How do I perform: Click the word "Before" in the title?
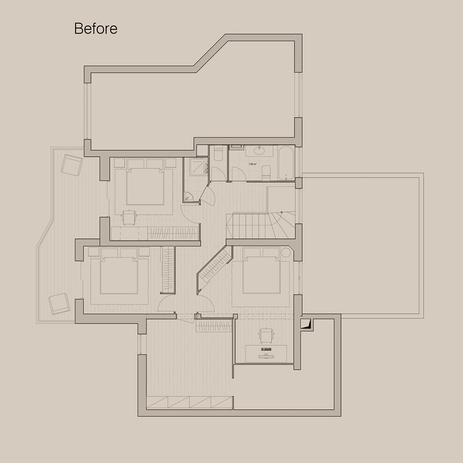click(96, 29)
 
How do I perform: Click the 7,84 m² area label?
click(253, 164)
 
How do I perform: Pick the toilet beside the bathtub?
click(266, 171)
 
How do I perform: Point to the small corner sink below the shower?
click(189, 196)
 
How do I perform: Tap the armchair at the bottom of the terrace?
click(59, 303)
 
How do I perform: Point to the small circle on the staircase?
click(282, 212)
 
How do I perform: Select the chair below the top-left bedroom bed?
click(128, 216)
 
